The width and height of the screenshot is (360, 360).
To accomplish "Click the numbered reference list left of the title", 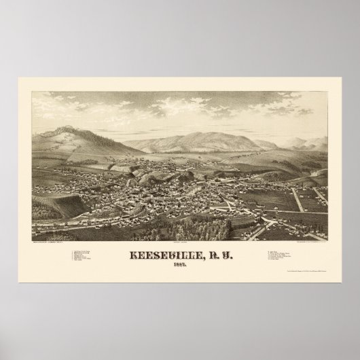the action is click(x=85, y=258).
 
